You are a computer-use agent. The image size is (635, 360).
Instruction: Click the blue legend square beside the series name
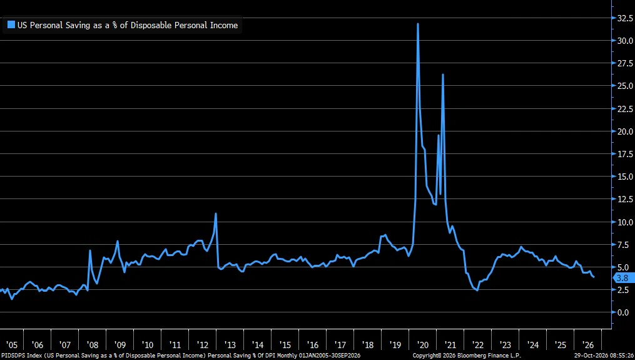pos(11,24)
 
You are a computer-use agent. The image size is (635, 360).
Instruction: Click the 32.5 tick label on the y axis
pos(625,18)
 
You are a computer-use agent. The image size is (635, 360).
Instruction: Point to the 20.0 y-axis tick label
pos(625,131)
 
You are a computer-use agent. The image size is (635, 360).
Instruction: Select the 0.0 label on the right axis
pos(623,312)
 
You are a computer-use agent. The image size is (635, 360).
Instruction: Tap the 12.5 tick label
pos(625,199)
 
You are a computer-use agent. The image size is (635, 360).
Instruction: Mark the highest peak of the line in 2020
pos(417,24)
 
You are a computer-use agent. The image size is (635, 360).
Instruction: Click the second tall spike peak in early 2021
pos(443,75)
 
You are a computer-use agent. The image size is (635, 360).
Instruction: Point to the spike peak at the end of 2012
pos(216,213)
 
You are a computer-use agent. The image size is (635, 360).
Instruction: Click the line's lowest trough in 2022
pos(477,291)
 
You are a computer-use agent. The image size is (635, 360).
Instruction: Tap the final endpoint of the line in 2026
pos(594,277)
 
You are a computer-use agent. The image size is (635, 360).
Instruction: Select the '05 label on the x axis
pos(12,345)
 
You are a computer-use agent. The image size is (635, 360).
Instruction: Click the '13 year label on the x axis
pos(230,345)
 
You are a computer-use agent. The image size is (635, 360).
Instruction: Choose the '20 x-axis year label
pos(422,345)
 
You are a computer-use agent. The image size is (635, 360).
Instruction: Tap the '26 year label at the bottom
pos(587,345)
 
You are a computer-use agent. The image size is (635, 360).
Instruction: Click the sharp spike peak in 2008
pos(90,250)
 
